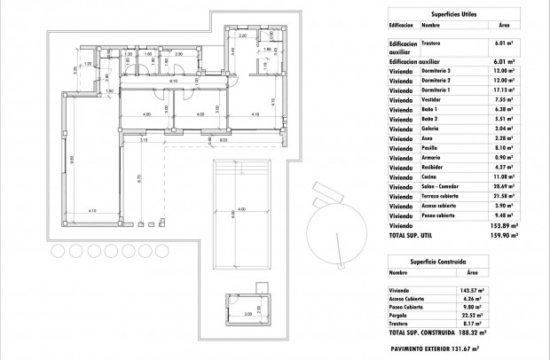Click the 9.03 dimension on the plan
(x=224, y=139)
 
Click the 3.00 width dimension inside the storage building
(x=247, y=315)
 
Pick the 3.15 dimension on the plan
(x=142, y=139)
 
